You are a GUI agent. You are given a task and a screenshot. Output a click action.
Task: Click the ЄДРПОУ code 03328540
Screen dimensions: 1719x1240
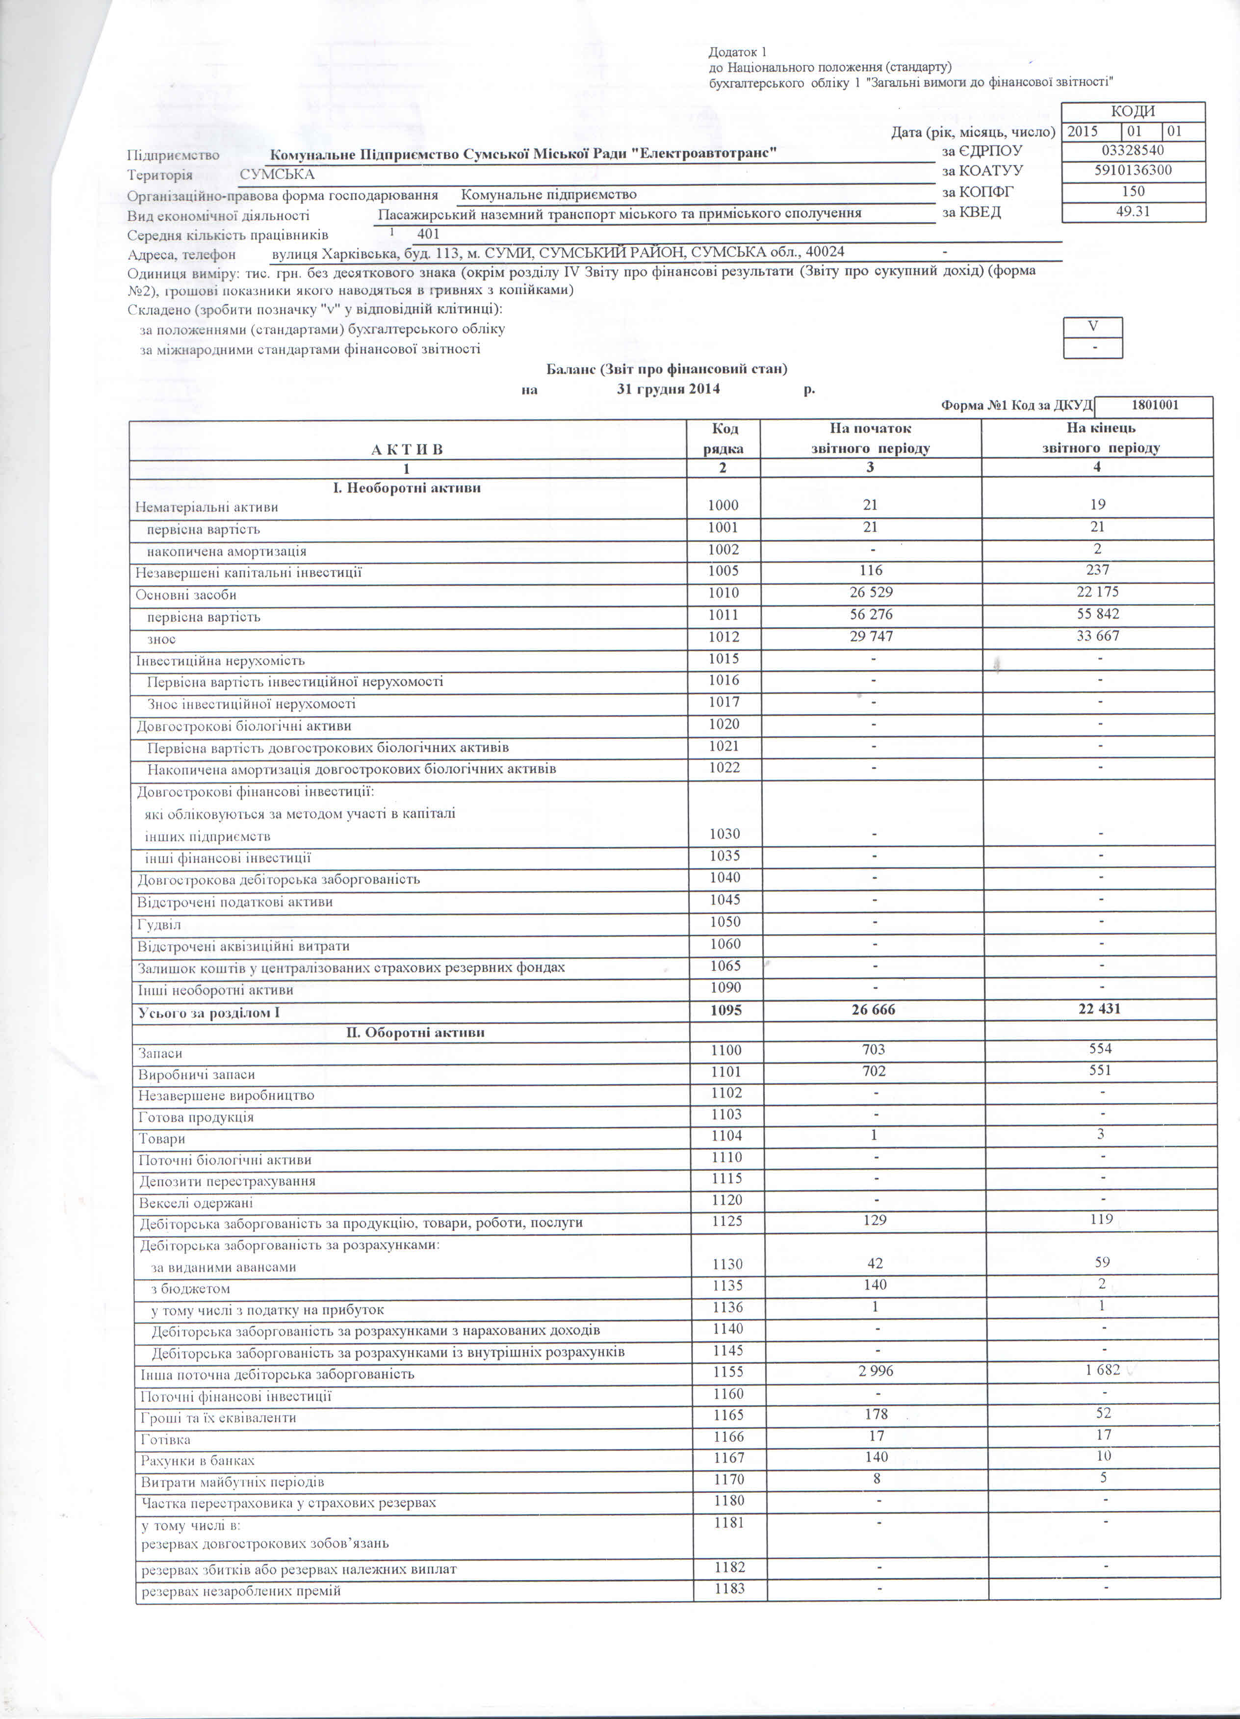point(1133,150)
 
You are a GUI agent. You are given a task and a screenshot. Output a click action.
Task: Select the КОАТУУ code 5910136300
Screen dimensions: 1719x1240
point(1133,171)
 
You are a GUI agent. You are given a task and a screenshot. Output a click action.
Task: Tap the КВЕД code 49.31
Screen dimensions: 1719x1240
point(1133,211)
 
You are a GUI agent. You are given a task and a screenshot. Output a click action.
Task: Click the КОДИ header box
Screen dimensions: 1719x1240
point(1133,111)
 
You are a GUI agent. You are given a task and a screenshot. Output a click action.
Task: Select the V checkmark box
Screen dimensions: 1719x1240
point(1092,327)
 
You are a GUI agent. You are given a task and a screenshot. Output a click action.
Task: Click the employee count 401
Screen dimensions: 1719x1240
point(428,234)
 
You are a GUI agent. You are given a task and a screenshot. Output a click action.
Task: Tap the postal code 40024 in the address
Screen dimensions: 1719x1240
point(825,252)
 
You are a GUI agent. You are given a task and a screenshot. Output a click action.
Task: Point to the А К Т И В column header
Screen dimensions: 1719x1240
point(407,449)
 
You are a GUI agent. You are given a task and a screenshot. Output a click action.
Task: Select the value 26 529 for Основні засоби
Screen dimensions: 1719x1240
point(872,593)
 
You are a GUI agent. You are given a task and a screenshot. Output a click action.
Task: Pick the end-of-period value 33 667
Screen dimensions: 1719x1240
point(1097,636)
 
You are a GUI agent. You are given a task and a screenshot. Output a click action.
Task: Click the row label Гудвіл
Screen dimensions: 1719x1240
point(159,925)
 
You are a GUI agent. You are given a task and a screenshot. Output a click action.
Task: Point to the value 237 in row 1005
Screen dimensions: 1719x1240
point(1097,570)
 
